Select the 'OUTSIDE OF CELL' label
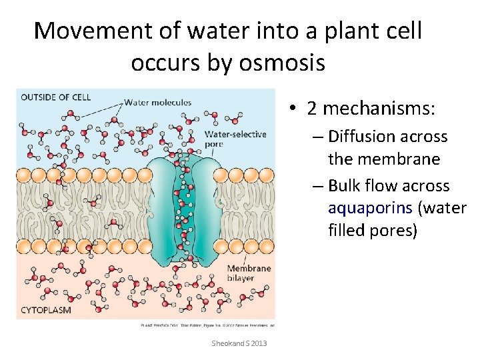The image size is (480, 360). pyautogui.click(x=55, y=97)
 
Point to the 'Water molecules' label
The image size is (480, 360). pyautogui.click(x=157, y=103)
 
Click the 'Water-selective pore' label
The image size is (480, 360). pyautogui.click(x=235, y=139)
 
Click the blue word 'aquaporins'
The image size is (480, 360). pyautogui.click(x=371, y=208)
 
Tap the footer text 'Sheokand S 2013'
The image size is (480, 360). pyautogui.click(x=239, y=343)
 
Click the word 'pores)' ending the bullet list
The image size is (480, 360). pyautogui.click(x=397, y=231)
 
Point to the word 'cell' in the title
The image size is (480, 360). pyautogui.click(x=402, y=31)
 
